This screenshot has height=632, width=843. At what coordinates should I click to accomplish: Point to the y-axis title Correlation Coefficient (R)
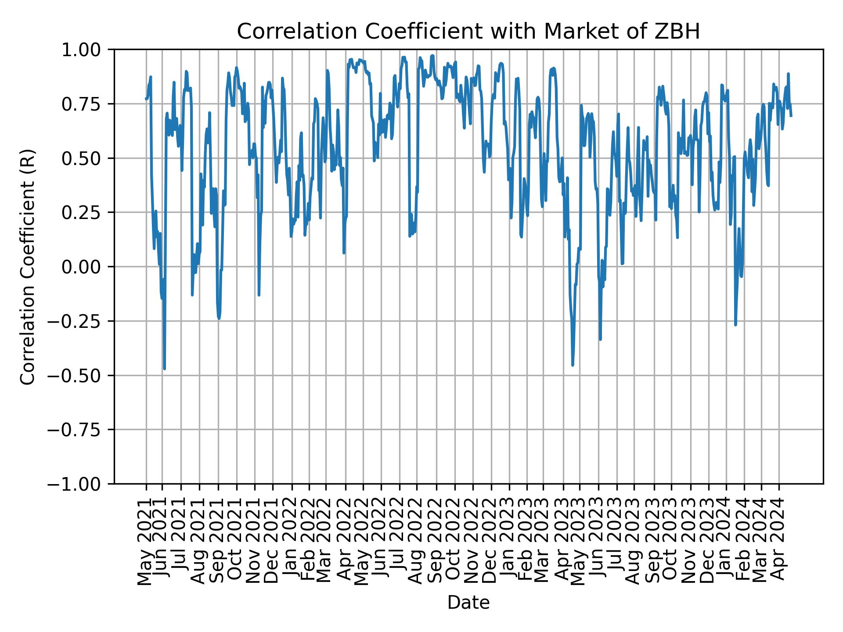pyautogui.click(x=28, y=266)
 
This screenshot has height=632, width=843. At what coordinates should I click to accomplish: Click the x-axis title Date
pyautogui.click(x=468, y=603)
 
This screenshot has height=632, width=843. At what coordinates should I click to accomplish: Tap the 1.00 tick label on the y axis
pyautogui.click(x=82, y=50)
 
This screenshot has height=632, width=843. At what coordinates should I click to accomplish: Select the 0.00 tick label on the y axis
pyautogui.click(x=82, y=267)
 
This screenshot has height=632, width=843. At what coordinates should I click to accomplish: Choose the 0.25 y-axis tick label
pyautogui.click(x=82, y=212)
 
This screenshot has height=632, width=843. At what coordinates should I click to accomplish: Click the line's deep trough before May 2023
pyautogui.click(x=573, y=365)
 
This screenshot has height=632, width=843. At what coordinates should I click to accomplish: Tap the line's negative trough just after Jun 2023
pyautogui.click(x=600, y=339)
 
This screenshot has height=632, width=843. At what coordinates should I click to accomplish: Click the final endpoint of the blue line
pyautogui.click(x=791, y=116)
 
